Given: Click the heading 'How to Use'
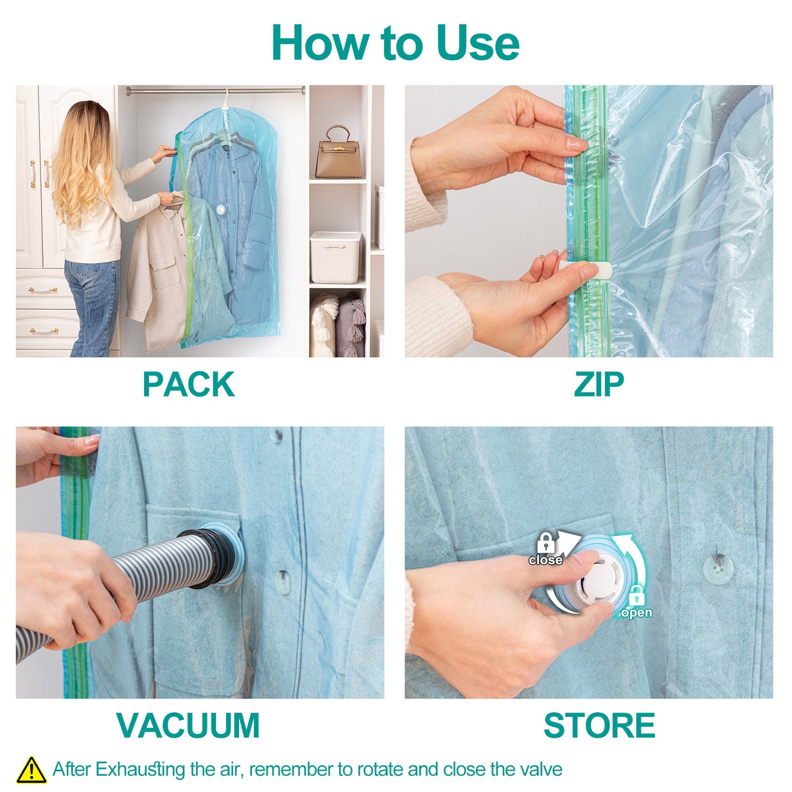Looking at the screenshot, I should (x=395, y=43).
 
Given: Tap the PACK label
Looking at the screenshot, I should (x=189, y=384).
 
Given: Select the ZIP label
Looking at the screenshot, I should (x=599, y=384).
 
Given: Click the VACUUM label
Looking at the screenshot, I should (x=188, y=725).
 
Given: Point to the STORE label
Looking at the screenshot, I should (x=599, y=725).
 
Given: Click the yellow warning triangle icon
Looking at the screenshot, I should (x=31, y=770).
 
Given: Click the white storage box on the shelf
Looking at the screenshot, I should (x=335, y=257).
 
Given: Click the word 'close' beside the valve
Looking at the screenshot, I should (x=545, y=560).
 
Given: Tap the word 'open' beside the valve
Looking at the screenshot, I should (x=636, y=612).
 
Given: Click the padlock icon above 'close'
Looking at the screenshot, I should (x=545, y=543).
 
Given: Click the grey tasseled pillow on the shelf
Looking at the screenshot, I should (x=351, y=326).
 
